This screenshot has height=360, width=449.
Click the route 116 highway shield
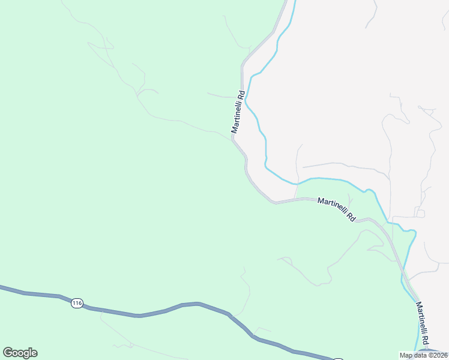[76, 304]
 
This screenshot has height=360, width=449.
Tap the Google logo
[20, 353]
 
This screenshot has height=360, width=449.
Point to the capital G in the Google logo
[7, 352]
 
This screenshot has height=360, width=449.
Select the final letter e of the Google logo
[34, 353]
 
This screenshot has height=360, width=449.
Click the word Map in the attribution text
[406, 355]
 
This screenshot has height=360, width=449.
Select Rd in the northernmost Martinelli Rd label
[241, 95]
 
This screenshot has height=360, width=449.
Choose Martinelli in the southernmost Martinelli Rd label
[420, 317]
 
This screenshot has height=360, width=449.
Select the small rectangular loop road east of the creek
[420, 213]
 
